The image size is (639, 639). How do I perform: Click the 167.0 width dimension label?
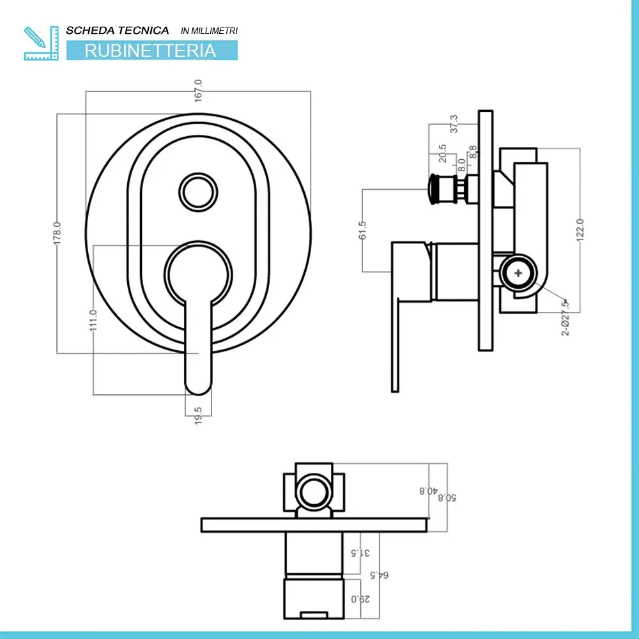click(x=199, y=90)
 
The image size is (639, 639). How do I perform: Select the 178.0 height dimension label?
click(x=56, y=233)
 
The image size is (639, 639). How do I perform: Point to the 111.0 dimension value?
click(x=93, y=319)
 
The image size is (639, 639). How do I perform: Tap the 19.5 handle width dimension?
click(x=199, y=416)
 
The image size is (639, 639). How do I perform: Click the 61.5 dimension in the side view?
click(x=362, y=231)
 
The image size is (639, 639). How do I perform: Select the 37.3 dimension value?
click(x=454, y=124)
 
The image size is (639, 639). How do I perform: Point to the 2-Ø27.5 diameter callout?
click(x=565, y=317)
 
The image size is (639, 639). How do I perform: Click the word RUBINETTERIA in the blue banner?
click(x=151, y=50)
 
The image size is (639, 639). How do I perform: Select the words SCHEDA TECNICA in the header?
click(x=118, y=30)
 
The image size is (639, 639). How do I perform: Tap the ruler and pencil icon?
click(x=40, y=43)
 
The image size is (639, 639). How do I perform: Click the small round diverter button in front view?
click(x=198, y=191)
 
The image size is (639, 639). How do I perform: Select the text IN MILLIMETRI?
click(x=209, y=31)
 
